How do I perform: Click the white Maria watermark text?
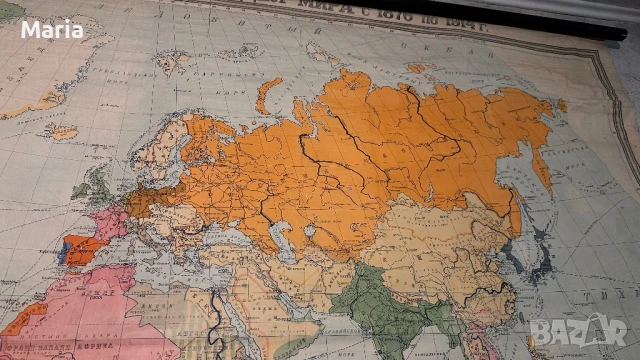(x=53, y=29)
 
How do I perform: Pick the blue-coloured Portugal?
(x=67, y=248)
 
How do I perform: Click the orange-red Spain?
(x=86, y=245)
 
